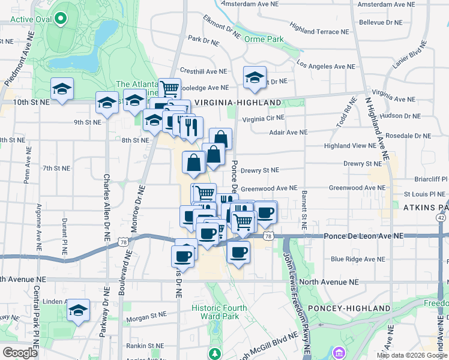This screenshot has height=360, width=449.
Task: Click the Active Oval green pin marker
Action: (60, 19)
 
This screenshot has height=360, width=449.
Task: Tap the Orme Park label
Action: (264, 39)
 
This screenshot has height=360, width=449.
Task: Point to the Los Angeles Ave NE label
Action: (326, 66)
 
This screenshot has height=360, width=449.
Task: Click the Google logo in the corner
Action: (20, 353)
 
